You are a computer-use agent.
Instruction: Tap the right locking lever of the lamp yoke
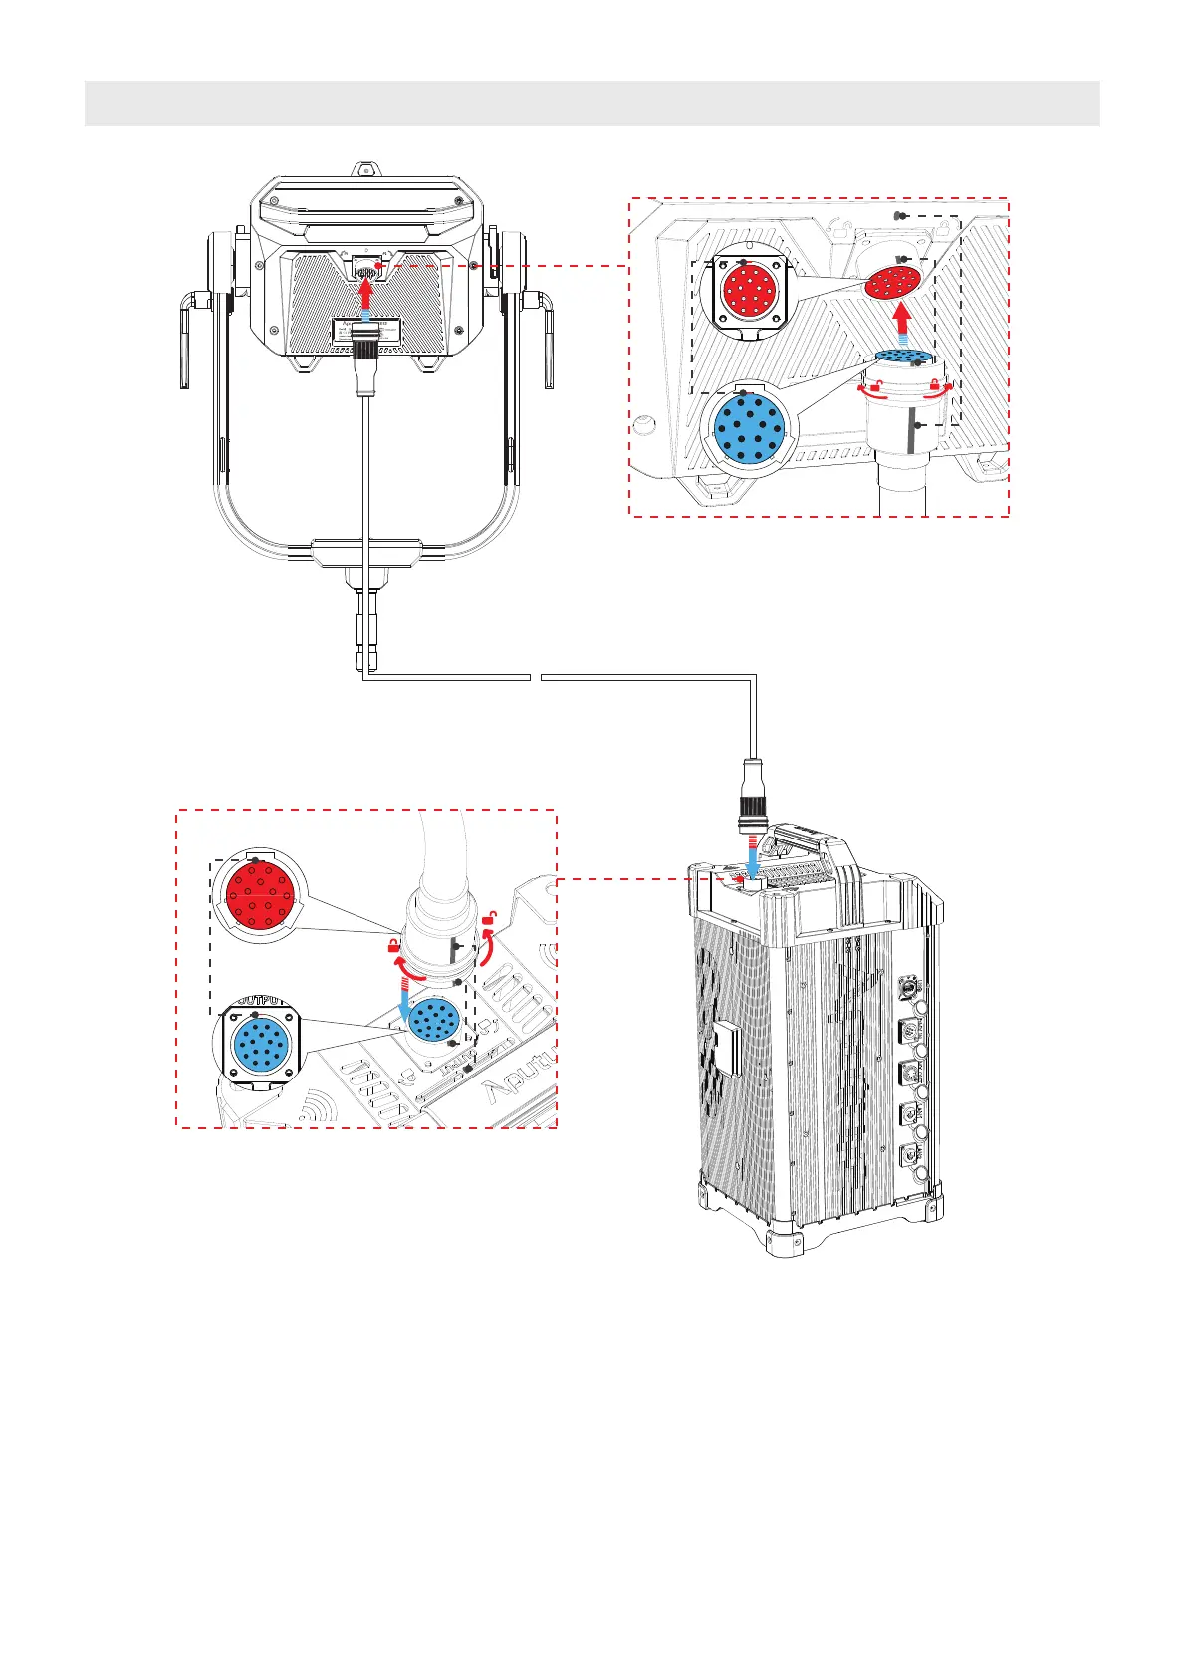click(x=547, y=339)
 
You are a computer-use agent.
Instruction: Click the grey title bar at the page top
click(x=592, y=104)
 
